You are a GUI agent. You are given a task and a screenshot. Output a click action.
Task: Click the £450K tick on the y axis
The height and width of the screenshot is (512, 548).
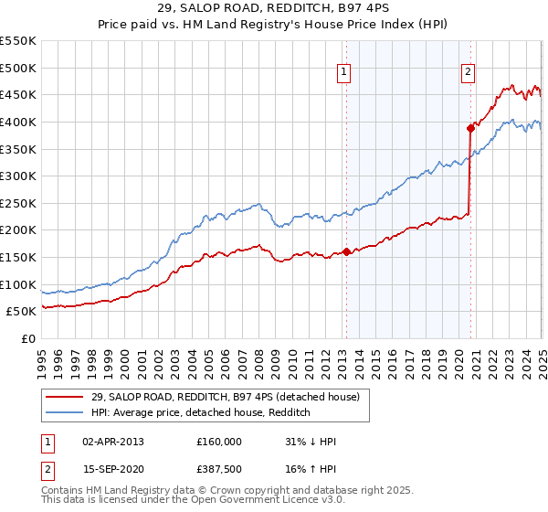[19, 94]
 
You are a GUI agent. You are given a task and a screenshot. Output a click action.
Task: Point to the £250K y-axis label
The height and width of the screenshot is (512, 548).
[19, 203]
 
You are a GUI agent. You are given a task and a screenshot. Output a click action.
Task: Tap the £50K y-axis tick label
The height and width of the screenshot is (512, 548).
[22, 312]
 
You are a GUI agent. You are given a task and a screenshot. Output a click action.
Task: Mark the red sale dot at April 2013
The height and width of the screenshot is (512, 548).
[346, 251]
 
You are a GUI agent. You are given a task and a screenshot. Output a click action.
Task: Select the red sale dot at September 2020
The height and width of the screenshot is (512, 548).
[470, 128]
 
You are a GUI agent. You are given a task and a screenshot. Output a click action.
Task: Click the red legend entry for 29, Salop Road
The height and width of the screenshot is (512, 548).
[227, 397]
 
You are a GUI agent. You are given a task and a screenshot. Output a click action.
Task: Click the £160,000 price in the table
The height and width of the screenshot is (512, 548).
[218, 442]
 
